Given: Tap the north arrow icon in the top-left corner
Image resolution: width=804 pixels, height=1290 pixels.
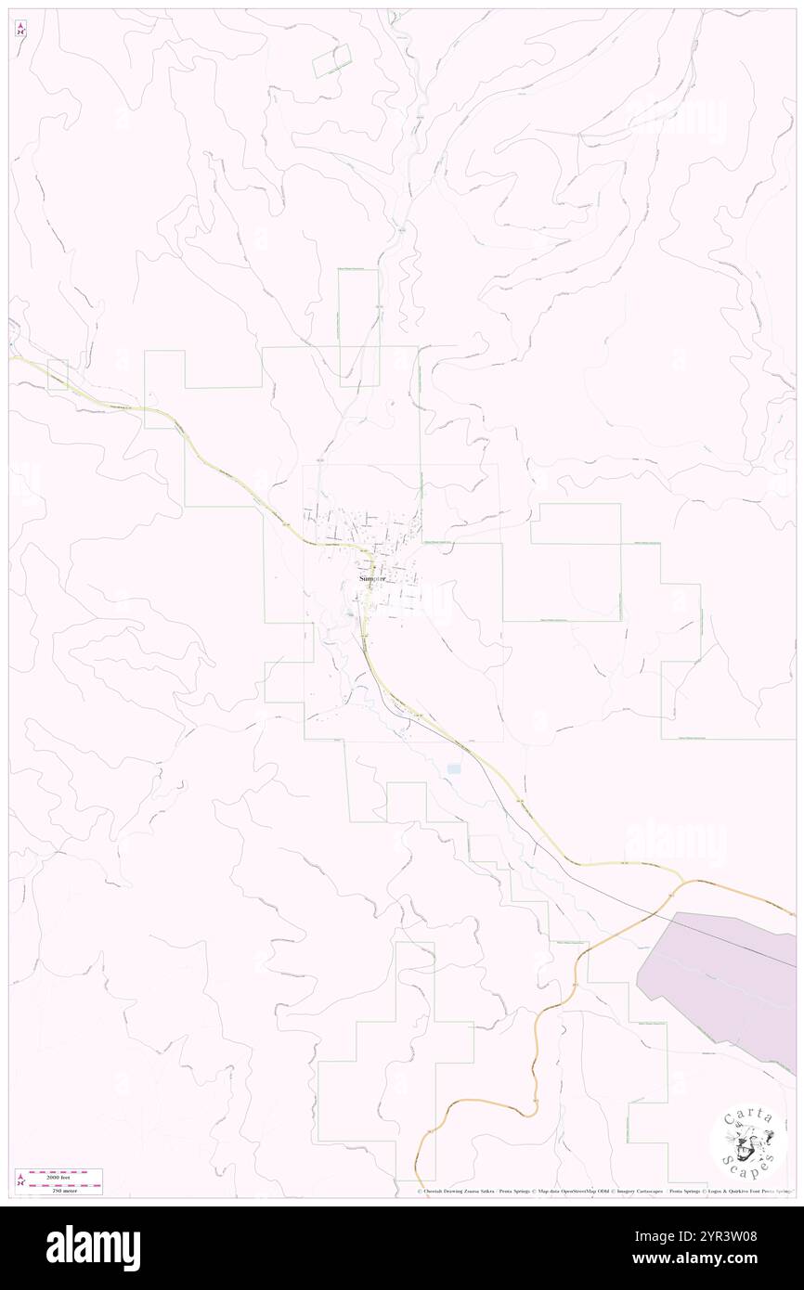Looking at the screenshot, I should point(21,28).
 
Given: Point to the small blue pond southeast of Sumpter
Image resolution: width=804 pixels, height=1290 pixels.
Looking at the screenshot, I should point(454,768).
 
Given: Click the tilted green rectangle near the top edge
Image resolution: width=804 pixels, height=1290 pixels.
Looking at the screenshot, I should point(331,61).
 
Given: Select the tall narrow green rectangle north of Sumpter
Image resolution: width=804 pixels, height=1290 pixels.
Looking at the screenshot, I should point(358,327).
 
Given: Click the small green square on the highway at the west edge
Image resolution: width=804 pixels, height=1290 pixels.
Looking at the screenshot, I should point(58,373).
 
